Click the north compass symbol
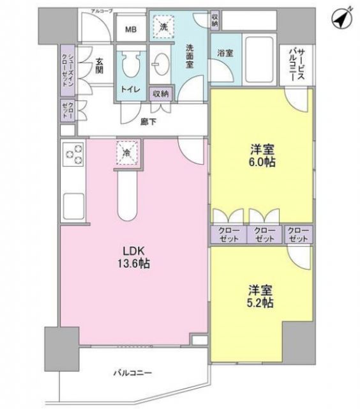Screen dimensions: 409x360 click(x=341, y=18)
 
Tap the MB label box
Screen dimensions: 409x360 click(x=130, y=29)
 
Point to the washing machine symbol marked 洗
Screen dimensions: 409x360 click(x=163, y=27)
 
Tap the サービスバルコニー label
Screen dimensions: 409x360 click(x=294, y=64)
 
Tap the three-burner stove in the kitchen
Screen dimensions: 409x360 click(x=73, y=155)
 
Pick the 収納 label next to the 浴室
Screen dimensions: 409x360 click(x=215, y=19)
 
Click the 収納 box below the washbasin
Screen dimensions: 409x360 click(x=160, y=93)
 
